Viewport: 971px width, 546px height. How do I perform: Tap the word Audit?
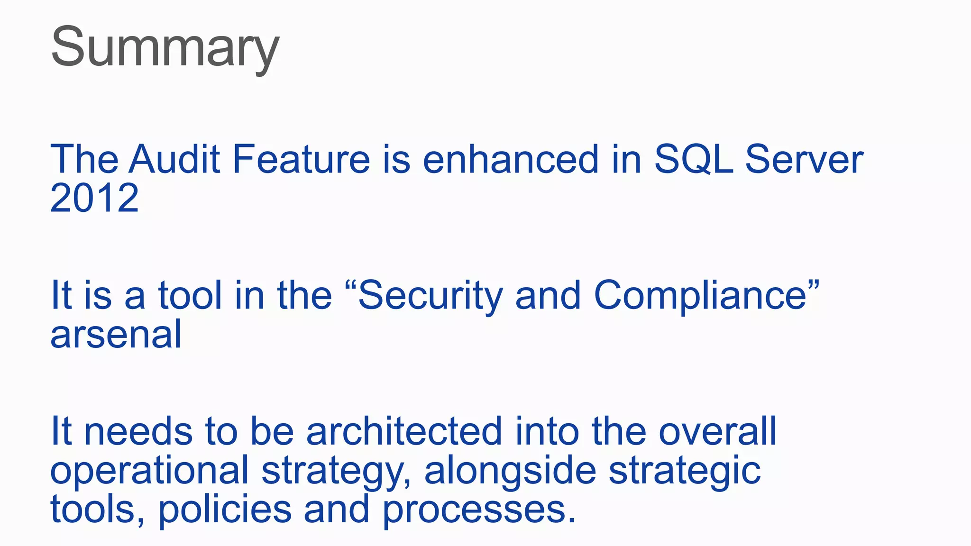(x=175, y=159)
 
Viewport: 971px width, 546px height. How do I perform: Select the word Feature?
(x=301, y=159)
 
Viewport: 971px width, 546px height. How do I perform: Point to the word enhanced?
(x=511, y=159)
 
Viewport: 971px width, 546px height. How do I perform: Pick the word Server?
(x=804, y=159)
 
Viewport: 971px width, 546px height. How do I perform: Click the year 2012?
(x=94, y=198)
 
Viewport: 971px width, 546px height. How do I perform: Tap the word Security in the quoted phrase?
(x=430, y=296)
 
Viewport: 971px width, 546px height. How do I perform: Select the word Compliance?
(x=700, y=296)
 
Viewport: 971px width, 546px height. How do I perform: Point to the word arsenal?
(x=116, y=335)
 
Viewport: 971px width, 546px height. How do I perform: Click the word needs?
(x=138, y=432)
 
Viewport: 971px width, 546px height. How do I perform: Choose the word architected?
(x=404, y=432)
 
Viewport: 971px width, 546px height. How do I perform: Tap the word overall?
(x=718, y=432)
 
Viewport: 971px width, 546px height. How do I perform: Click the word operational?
(x=149, y=471)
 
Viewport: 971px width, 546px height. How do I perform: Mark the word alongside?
(x=510, y=470)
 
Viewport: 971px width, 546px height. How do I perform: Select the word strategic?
(x=685, y=471)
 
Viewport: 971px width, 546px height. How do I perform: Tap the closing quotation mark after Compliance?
(x=813, y=285)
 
